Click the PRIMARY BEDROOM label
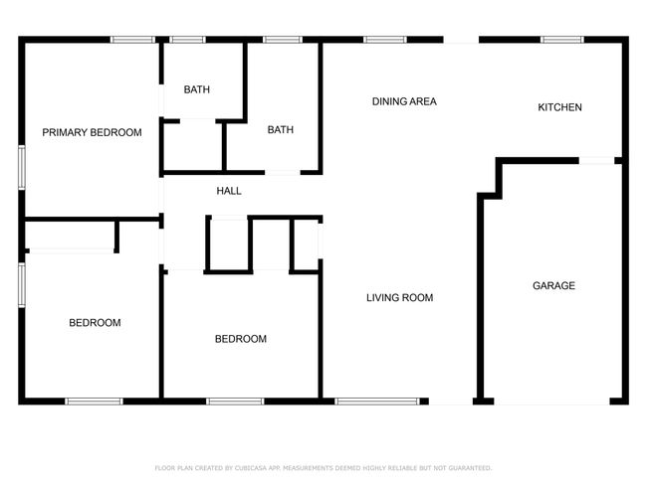pyautogui.click(x=92, y=132)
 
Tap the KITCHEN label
pyautogui.click(x=559, y=107)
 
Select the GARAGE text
pyautogui.click(x=553, y=285)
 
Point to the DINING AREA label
pyautogui.click(x=404, y=101)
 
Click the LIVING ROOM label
pyautogui.click(x=399, y=297)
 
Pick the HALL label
pyautogui.click(x=229, y=191)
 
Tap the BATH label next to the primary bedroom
pyautogui.click(x=196, y=89)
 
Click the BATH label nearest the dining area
pyautogui.click(x=280, y=130)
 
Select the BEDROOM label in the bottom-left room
pyautogui.click(x=95, y=323)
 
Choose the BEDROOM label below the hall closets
pyautogui.click(x=241, y=339)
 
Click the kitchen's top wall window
pyautogui.click(x=562, y=40)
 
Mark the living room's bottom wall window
pyautogui.click(x=377, y=402)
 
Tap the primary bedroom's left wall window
pyautogui.click(x=22, y=167)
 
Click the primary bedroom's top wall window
pyautogui.click(x=132, y=40)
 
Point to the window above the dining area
pyautogui.click(x=385, y=40)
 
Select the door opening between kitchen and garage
pyautogui.click(x=596, y=160)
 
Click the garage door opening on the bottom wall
pyautogui.click(x=551, y=402)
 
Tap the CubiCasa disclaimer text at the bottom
pyautogui.click(x=323, y=468)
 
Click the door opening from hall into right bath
pyautogui.click(x=283, y=172)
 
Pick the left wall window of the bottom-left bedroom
pyautogui.click(x=22, y=285)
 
